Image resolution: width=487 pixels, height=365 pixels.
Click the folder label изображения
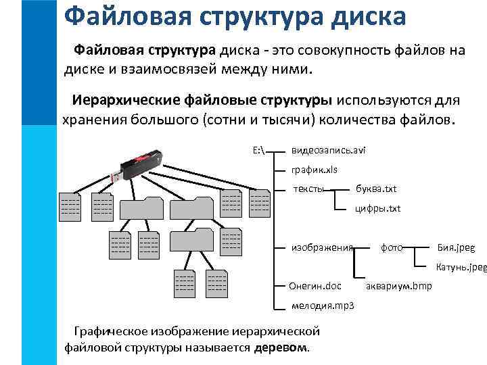point(322,247)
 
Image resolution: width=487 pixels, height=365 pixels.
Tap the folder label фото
point(392,247)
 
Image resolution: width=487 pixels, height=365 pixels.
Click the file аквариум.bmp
point(398,287)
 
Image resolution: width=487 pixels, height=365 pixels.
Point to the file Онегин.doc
point(315,287)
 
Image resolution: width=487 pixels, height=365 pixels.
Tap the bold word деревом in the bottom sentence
point(281,348)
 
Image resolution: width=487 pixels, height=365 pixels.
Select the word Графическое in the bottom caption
point(115,331)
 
